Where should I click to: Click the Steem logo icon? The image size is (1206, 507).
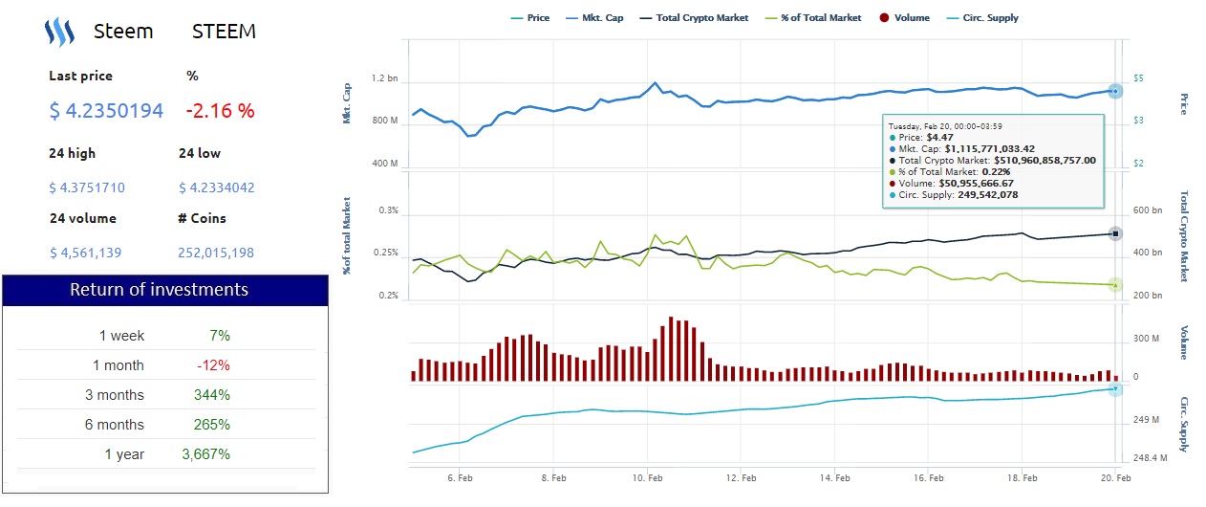59,33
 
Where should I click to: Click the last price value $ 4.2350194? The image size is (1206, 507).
106,110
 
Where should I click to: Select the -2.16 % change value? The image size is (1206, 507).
220,110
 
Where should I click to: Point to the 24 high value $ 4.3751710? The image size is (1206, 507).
87,187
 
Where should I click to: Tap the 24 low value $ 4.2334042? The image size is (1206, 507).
216,187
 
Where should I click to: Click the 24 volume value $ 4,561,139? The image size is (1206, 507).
86,253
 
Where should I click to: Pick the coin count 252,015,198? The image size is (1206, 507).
216,253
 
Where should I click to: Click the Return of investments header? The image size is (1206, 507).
165,290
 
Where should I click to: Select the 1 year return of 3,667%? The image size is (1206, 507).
205,454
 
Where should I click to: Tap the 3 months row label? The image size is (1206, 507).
121,395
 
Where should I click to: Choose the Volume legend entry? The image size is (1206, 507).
904,18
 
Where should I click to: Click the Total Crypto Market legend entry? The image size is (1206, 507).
695,18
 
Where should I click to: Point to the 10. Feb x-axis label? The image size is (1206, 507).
648,476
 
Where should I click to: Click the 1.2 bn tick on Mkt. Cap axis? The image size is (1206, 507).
385,78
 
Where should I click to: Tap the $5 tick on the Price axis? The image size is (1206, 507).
1138,78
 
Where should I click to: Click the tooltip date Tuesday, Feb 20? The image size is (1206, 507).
944,125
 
